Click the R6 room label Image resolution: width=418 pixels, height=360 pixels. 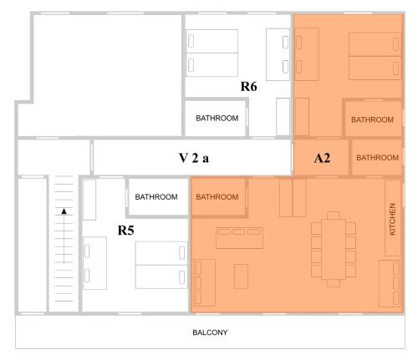coord(248,86)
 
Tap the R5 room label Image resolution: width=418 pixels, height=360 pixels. coord(125,231)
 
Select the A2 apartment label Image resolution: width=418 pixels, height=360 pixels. coord(322,158)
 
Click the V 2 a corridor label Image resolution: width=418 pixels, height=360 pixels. coord(194,158)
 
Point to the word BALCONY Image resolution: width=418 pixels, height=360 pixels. coord(210,332)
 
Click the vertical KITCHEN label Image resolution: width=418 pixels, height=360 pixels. coord(392,219)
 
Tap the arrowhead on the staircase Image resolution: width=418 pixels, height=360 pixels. coord(64,211)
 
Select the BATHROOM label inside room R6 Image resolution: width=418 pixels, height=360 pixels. coord(217,119)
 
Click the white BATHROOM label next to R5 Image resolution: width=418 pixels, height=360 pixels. coord(156,197)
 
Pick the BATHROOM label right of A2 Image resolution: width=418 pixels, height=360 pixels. coord(378,158)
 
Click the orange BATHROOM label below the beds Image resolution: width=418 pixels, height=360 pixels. coord(372,119)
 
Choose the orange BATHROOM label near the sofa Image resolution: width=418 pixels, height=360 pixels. coord(217,197)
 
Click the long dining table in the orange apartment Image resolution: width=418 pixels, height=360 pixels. coord(334,249)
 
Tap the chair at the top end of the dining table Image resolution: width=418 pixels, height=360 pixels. coord(334,215)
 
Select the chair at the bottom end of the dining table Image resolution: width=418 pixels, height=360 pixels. coord(334,283)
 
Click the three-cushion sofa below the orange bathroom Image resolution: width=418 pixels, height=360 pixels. coord(239,238)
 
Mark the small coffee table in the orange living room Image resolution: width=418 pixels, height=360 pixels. coord(241,276)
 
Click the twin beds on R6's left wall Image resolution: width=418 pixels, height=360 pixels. coord(212,53)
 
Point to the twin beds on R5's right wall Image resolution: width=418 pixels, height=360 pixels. coord(161,265)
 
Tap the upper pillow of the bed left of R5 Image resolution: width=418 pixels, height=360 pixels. coord(87,251)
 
